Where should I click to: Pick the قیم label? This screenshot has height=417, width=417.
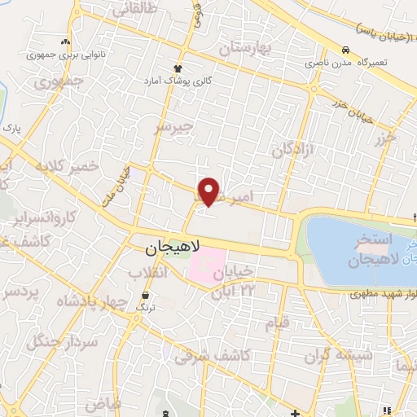(x=277, y=323)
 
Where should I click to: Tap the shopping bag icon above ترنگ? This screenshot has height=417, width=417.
(x=145, y=294)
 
